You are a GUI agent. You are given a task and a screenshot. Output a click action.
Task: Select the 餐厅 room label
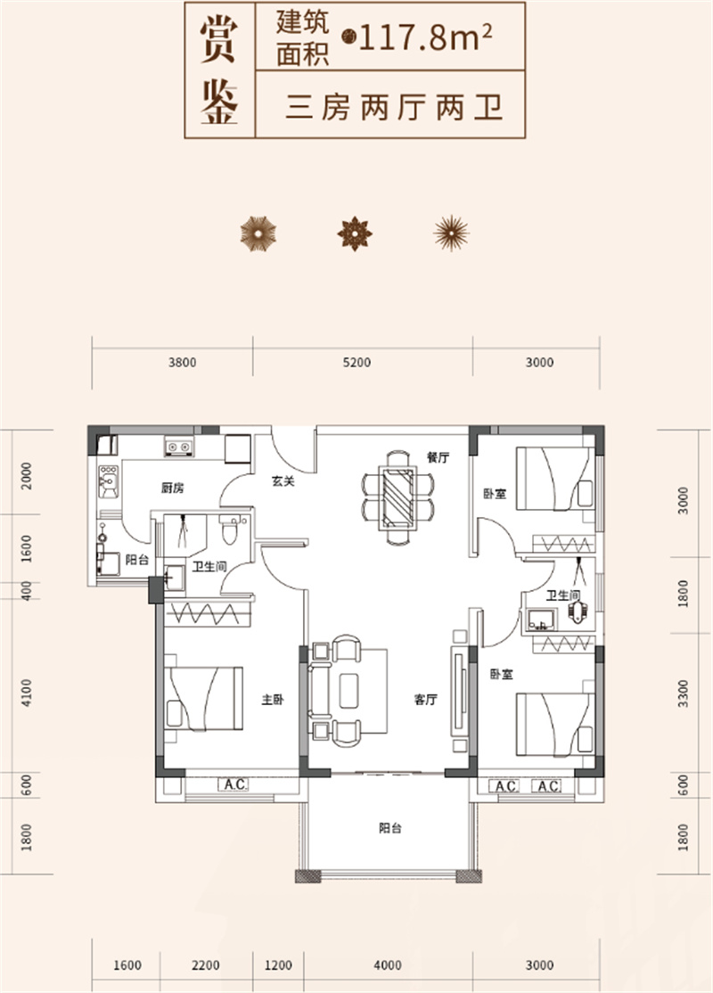click(438, 456)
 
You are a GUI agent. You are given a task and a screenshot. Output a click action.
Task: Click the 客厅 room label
click(425, 700)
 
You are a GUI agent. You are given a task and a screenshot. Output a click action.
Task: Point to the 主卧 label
click(273, 700)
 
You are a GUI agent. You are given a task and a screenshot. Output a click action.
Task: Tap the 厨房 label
click(172, 488)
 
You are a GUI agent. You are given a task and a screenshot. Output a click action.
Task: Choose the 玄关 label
click(283, 480)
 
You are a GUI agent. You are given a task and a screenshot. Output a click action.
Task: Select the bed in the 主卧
click(203, 698)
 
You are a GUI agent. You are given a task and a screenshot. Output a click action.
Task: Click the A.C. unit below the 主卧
click(234, 784)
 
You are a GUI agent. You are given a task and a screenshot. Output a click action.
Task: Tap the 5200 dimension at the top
click(356, 362)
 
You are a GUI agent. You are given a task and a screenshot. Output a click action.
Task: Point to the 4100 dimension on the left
click(26, 693)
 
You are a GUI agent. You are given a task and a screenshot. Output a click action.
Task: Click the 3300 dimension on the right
click(683, 693)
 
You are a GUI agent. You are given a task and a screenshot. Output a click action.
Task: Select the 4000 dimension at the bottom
click(388, 965)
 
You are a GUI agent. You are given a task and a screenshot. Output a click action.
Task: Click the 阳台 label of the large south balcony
click(390, 828)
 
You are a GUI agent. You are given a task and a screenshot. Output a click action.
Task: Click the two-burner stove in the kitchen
click(179, 447)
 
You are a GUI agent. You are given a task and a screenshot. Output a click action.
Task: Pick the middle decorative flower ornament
click(355, 234)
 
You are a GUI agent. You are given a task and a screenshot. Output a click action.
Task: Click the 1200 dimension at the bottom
click(278, 965)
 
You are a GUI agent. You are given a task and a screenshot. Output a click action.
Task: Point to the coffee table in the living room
click(348, 690)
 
